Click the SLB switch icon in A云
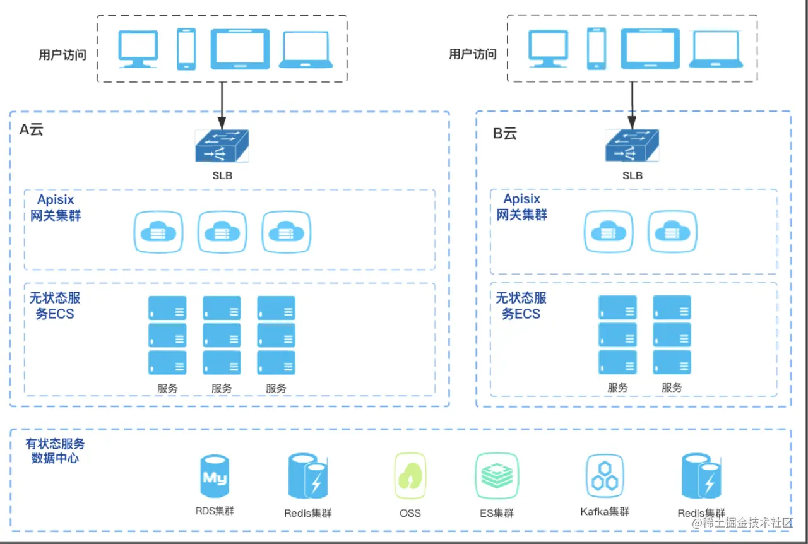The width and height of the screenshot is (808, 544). click(222, 146)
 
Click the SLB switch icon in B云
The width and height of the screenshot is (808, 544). click(632, 146)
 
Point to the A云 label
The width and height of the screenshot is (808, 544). click(31, 131)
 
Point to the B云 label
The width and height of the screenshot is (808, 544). click(504, 134)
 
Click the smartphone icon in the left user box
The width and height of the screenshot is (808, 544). click(186, 49)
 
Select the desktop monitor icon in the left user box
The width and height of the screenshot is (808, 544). click(138, 49)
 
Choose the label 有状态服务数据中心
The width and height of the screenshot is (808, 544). click(56, 451)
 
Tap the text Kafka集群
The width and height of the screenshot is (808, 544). click(605, 511)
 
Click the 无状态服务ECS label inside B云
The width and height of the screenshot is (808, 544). click(521, 305)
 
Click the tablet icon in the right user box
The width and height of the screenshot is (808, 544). click(650, 49)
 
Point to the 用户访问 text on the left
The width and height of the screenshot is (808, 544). click(62, 54)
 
